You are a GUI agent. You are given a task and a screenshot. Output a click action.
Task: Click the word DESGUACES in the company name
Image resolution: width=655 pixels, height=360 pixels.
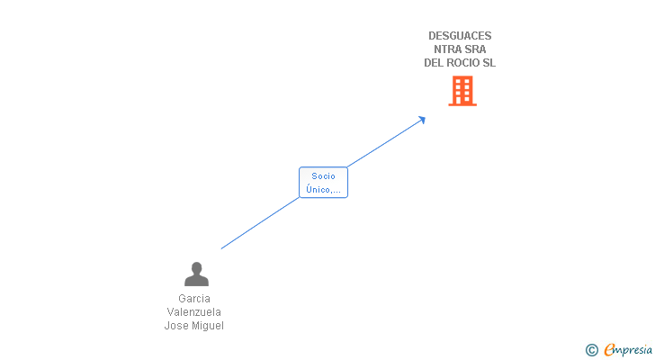pyautogui.click(x=460, y=36)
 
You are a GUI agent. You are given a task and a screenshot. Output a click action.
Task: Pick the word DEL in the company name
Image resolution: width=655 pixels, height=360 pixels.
pyautogui.click(x=434, y=63)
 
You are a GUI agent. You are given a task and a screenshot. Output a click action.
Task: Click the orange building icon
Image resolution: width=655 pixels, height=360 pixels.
pyautogui.click(x=462, y=91)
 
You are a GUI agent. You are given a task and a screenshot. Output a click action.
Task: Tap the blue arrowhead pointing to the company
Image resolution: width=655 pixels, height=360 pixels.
pyautogui.click(x=422, y=120)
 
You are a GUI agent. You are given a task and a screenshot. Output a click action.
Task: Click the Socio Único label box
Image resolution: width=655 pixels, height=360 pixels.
pyautogui.click(x=323, y=183)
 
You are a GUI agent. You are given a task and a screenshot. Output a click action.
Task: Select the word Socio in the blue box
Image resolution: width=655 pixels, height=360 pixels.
pyautogui.click(x=323, y=176)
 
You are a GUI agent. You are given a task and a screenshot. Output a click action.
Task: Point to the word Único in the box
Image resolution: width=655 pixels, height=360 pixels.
pyautogui.click(x=318, y=190)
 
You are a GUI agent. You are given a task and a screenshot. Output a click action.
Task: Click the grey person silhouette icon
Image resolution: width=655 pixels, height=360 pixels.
pyautogui.click(x=196, y=274)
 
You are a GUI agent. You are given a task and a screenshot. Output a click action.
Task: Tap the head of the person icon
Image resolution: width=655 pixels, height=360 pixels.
pyautogui.click(x=196, y=267)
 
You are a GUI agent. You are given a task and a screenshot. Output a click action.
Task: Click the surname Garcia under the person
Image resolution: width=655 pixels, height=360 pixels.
pyautogui.click(x=194, y=299)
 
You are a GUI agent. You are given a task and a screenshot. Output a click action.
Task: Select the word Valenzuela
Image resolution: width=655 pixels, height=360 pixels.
pyautogui.click(x=194, y=312)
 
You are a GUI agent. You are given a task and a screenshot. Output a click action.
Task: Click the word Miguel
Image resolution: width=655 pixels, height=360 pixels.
pyautogui.click(x=208, y=326)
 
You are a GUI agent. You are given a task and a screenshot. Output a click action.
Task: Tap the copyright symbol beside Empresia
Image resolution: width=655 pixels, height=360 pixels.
pyautogui.click(x=591, y=350)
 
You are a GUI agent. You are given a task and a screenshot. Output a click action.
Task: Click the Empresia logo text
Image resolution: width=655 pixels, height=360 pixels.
pyautogui.click(x=628, y=350)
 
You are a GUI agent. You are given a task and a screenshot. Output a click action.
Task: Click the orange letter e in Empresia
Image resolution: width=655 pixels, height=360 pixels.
pyautogui.click(x=609, y=350)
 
